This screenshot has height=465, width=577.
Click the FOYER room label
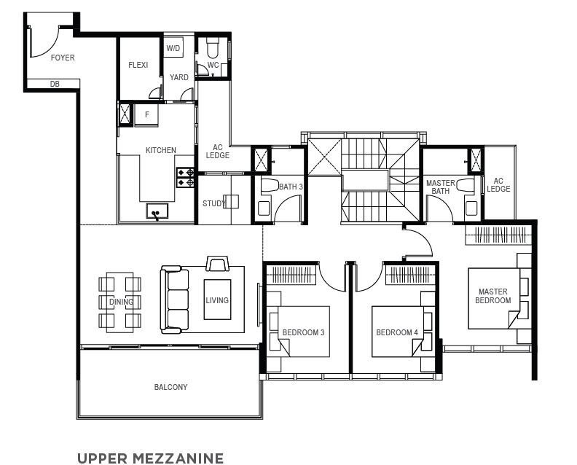tap(63, 58)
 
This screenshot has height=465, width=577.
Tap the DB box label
tap(55, 85)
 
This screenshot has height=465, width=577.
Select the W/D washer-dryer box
tap(173, 47)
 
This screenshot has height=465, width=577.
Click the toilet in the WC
tap(213, 48)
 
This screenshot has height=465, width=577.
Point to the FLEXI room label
tap(138, 65)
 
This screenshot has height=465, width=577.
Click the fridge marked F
tap(146, 115)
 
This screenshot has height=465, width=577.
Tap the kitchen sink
tap(157, 211)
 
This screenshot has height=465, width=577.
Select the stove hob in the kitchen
tap(185, 177)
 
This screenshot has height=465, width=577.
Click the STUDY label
tap(213, 203)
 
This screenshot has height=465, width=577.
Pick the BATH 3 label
tap(291, 187)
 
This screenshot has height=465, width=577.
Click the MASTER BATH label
tap(441, 187)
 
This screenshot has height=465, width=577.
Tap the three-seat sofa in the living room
tap(174, 300)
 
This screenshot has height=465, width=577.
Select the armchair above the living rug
tap(218, 264)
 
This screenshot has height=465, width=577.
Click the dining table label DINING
tap(121, 302)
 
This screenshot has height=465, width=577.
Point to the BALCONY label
tap(170, 387)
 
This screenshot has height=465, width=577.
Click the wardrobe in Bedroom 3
tap(291, 274)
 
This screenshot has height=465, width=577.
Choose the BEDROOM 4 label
tap(397, 332)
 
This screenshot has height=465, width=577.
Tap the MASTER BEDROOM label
tap(493, 296)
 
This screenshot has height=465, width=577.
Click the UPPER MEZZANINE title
tap(151, 458)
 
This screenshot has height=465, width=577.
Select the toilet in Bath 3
tap(270, 185)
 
